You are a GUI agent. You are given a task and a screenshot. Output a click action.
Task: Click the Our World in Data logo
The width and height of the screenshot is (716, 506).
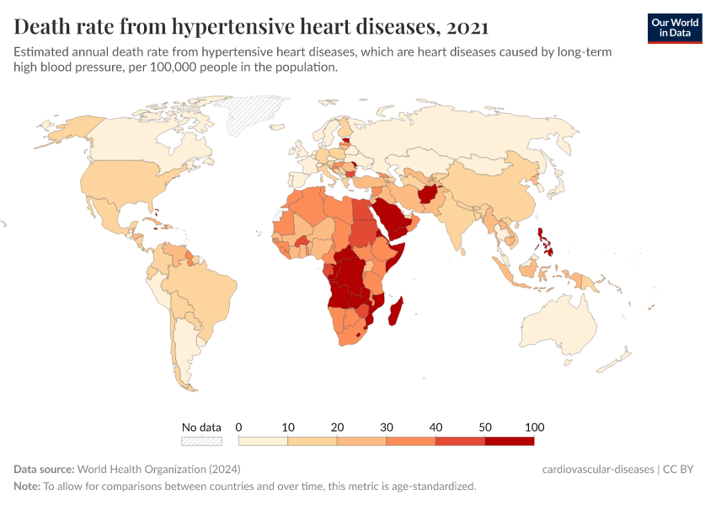(x=674, y=28)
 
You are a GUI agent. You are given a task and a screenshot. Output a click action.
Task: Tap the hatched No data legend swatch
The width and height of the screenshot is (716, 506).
(x=201, y=441)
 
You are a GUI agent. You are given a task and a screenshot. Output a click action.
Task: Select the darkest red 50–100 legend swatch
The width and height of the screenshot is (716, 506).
(x=509, y=441)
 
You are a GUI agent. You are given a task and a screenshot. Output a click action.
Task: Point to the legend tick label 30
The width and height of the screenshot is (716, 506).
(x=387, y=427)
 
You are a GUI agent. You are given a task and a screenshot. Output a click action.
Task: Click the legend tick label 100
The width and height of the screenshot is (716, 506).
(x=534, y=427)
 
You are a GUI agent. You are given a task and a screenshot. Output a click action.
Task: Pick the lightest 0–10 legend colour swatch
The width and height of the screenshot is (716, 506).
(x=263, y=441)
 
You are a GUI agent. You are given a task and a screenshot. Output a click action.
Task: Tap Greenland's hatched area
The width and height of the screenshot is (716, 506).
(x=257, y=114)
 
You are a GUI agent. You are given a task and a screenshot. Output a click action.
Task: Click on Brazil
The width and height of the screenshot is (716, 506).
(x=206, y=291)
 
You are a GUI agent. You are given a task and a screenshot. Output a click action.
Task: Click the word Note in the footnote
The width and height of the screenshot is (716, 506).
(x=27, y=486)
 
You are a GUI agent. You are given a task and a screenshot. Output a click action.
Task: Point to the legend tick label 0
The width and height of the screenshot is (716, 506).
(x=239, y=427)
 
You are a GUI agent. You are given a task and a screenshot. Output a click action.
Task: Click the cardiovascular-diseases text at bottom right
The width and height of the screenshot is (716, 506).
(x=598, y=469)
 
